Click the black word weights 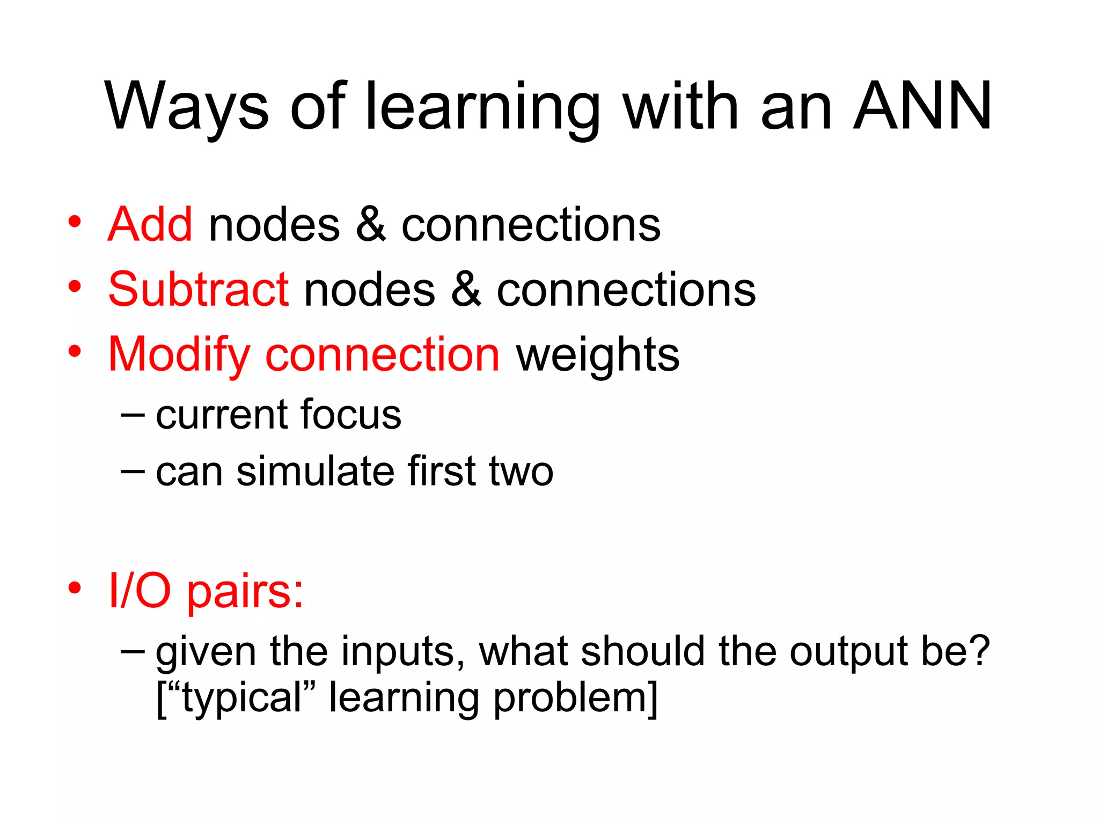(597, 355)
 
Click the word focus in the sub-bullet (350, 415)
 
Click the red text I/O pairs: (206, 591)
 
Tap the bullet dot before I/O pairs (75, 588)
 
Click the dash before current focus (133, 415)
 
